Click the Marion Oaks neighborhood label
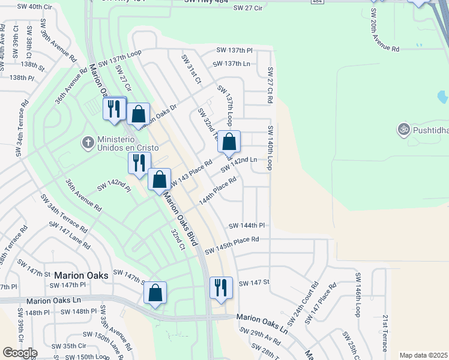(81, 275)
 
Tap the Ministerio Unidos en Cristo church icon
(88, 143)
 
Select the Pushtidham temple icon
(403, 129)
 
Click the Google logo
(20, 353)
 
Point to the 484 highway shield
(316, 2)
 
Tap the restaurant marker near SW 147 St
(221, 287)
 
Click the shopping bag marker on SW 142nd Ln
(229, 142)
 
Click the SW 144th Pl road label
(246, 226)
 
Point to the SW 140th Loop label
(271, 148)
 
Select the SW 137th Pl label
(234, 50)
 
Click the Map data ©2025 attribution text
(423, 355)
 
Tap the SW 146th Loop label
(358, 295)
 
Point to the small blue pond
(443, 97)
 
